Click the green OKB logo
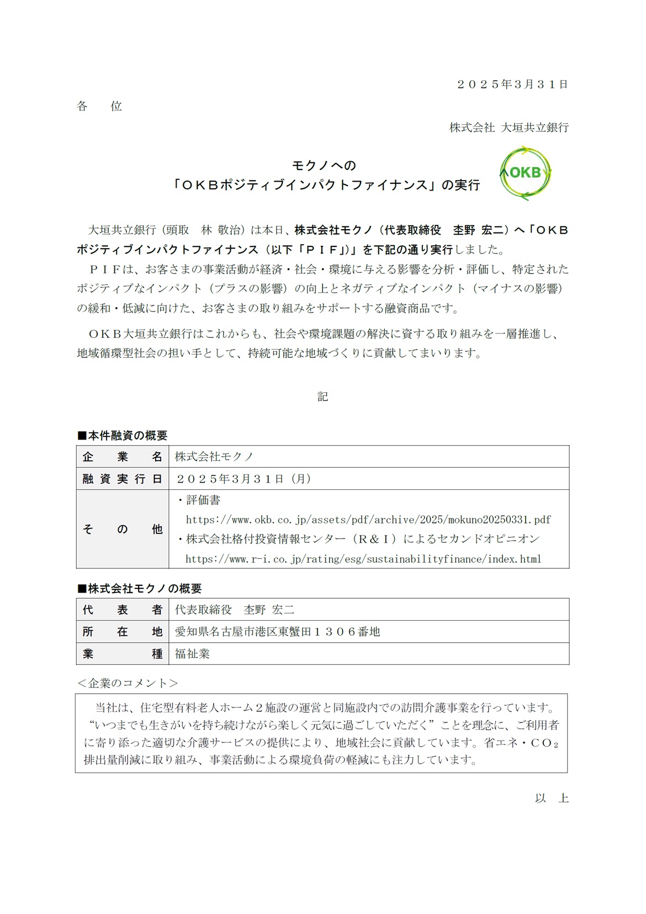525,173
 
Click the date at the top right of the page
512,84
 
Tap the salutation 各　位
99,106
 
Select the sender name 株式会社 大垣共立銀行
509,128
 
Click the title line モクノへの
324,165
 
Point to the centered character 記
323,397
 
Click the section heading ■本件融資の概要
122,436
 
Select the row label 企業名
122,457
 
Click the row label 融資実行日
122,479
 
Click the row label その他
122,529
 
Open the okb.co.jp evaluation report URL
368,520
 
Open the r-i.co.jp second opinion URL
363,559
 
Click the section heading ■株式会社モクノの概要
139,589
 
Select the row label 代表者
122,610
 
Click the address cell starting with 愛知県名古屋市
277,632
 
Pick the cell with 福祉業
192,654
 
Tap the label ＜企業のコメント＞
128,683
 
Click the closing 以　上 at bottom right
551,798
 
